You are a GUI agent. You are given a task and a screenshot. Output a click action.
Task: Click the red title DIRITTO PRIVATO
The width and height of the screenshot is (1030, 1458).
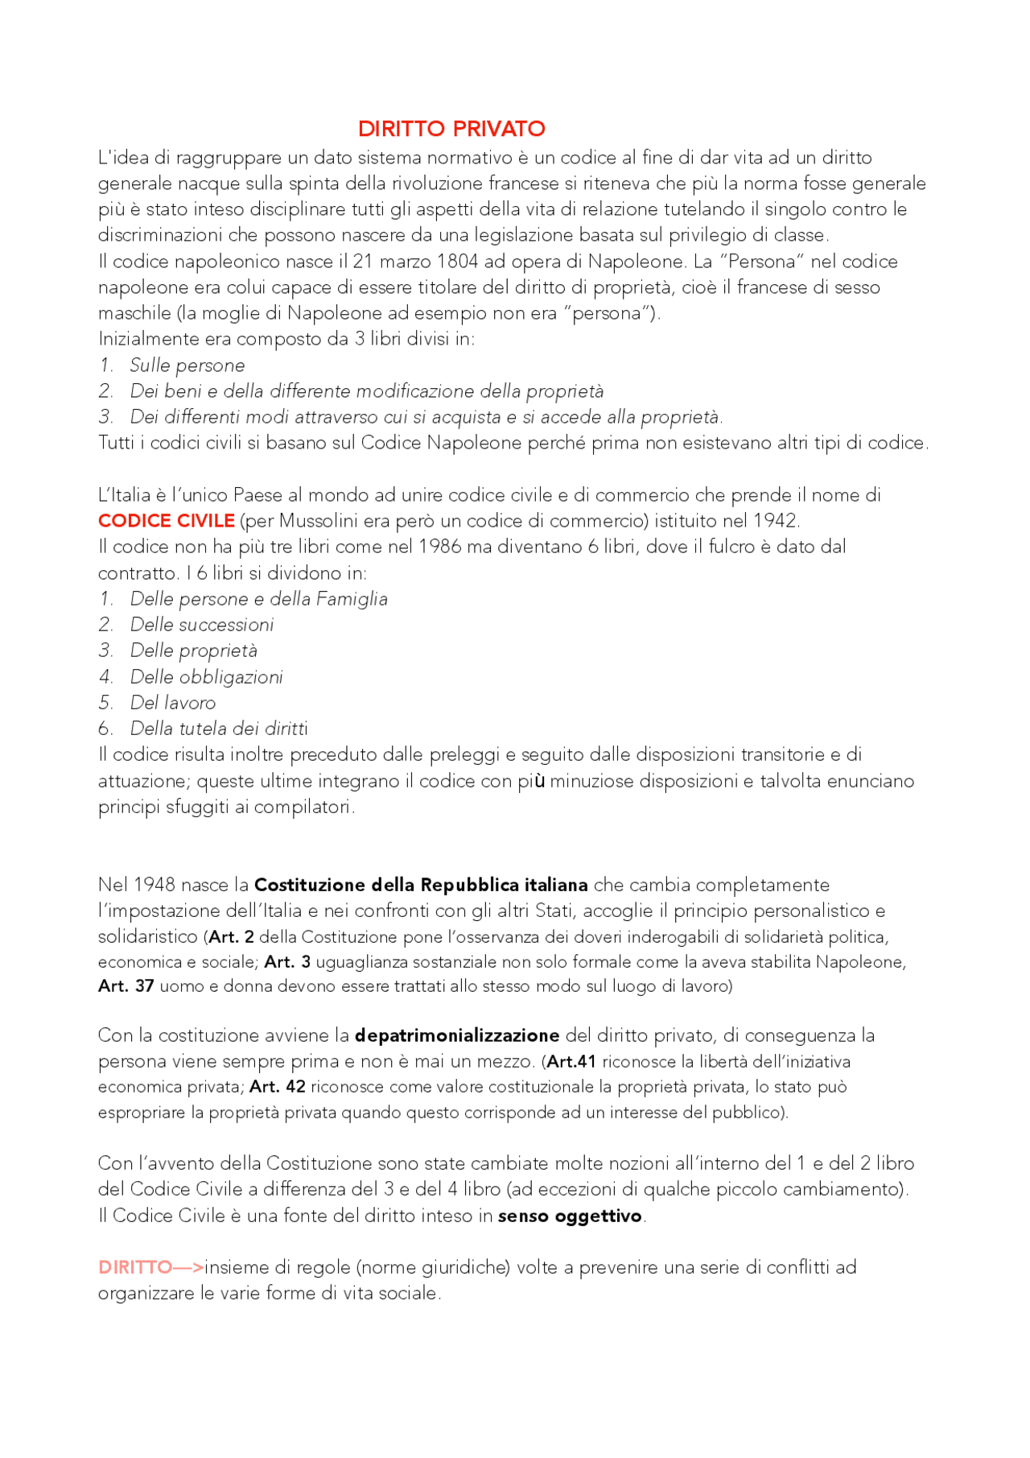click(x=451, y=129)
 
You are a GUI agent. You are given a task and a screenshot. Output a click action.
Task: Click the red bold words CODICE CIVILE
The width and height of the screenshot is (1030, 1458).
click(x=167, y=521)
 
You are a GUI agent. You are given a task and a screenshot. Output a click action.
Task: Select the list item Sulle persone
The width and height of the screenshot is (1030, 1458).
click(x=187, y=366)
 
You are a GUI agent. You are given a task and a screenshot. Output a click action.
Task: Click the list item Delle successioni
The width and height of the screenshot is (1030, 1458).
click(x=202, y=625)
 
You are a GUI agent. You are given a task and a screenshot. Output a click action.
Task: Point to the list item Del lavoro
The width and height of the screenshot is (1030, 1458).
click(x=173, y=703)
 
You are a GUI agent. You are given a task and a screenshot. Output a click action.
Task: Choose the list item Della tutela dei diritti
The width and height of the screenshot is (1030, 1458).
click(x=219, y=729)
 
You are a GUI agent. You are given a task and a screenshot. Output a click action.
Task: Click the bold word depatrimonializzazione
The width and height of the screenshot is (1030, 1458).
click(x=457, y=1035)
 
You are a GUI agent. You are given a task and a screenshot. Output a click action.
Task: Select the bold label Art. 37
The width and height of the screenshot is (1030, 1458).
click(x=126, y=986)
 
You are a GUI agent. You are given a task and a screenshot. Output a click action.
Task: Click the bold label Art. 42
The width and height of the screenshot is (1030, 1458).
click(x=278, y=1087)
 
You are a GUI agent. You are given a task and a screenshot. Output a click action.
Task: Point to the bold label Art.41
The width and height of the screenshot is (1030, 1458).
click(x=571, y=1062)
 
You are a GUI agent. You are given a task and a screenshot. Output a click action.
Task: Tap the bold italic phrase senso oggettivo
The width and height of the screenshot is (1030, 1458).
click(x=570, y=1216)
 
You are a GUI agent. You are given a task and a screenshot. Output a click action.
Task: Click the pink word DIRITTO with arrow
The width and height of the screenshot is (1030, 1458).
click(x=150, y=1267)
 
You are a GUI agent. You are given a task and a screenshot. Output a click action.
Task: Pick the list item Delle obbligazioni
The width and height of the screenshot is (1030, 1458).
click(x=207, y=677)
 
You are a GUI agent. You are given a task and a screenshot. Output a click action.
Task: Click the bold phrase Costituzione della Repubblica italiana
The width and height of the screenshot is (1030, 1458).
click(x=421, y=885)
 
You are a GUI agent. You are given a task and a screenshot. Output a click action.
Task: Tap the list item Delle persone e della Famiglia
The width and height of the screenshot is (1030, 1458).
click(x=258, y=599)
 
